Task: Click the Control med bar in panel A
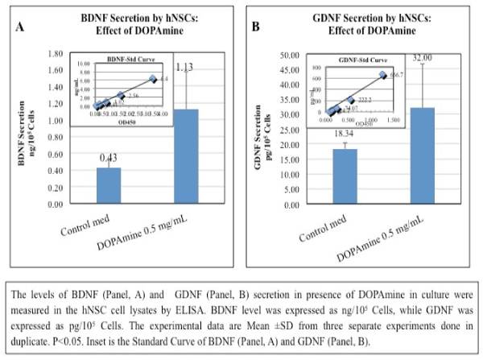pyautogui.click(x=109, y=186)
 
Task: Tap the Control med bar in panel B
pyautogui.click(x=345, y=176)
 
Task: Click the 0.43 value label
pyautogui.click(x=109, y=160)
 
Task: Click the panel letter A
pyautogui.click(x=22, y=27)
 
